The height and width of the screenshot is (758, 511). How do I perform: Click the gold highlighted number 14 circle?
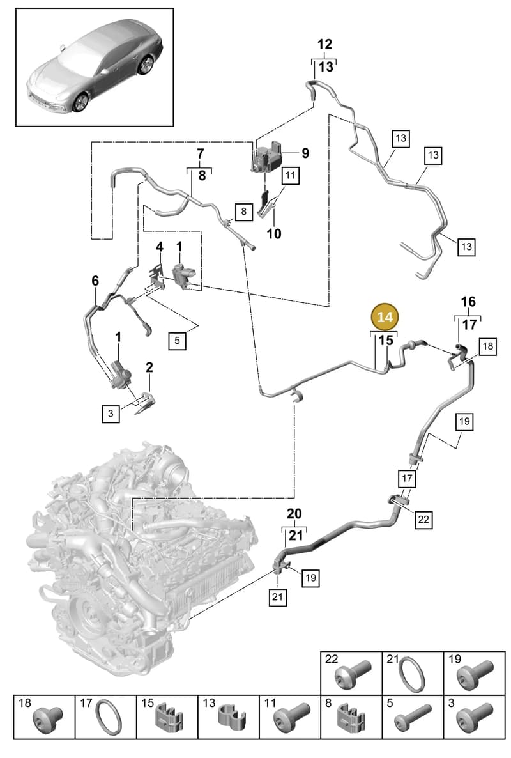tap(385, 317)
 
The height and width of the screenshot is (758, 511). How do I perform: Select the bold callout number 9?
tap(305, 153)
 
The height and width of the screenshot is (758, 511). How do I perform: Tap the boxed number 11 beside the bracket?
tap(290, 174)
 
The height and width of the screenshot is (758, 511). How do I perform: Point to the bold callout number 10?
tap(274, 233)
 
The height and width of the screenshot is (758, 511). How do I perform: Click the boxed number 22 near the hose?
tap(423, 519)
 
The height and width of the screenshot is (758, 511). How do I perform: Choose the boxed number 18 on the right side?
tap(488, 346)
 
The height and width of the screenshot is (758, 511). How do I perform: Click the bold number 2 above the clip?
tap(149, 367)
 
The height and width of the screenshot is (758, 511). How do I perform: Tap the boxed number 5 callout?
tap(177, 340)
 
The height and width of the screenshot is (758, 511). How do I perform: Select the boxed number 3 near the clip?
tap(111, 414)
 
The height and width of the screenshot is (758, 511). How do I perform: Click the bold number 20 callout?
tap(294, 513)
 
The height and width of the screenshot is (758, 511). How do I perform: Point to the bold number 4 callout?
tap(160, 247)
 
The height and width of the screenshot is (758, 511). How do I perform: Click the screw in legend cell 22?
tap(355, 676)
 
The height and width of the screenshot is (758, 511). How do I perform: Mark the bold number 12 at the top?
tap(324, 44)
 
